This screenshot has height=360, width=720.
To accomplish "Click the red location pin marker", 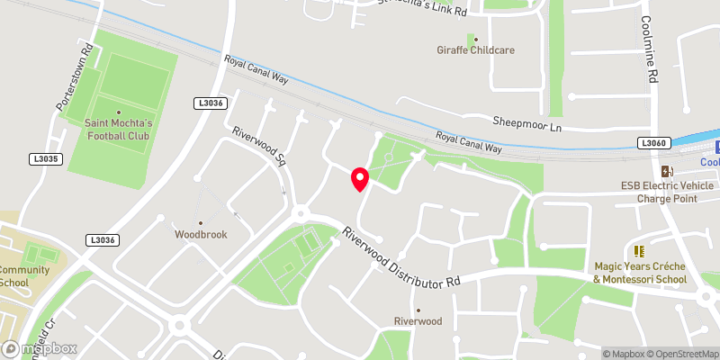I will (x=360, y=178).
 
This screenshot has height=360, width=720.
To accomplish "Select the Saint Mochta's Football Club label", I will (x=118, y=129).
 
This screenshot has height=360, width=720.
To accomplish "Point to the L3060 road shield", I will (x=654, y=143).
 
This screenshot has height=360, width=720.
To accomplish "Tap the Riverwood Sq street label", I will (x=258, y=148).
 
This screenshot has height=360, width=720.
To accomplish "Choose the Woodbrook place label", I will (x=201, y=234).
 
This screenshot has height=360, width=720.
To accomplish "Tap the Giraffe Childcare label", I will (x=475, y=50).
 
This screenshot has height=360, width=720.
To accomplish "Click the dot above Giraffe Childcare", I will (x=471, y=38).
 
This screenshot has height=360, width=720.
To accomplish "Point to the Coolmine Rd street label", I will (x=648, y=52).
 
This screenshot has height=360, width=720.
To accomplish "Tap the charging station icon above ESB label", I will (x=666, y=171).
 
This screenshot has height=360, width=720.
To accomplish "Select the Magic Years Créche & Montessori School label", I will (x=640, y=273).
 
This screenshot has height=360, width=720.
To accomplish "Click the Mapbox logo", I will (x=40, y=348).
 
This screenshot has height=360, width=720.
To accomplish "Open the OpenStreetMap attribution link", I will (x=680, y=354).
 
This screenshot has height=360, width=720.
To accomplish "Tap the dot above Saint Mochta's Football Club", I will (x=118, y=112).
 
